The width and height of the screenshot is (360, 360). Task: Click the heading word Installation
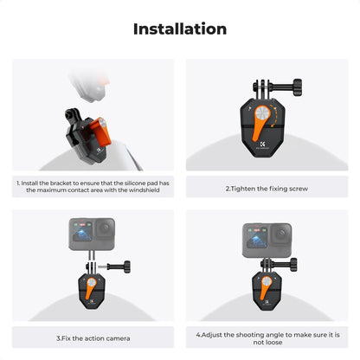[180, 29]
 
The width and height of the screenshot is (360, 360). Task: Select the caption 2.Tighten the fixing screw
[266, 187]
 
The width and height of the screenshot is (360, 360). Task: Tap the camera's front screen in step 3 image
[81, 235]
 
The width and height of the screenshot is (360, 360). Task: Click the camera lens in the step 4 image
[280, 235]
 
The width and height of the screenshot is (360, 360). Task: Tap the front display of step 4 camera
[256, 236]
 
